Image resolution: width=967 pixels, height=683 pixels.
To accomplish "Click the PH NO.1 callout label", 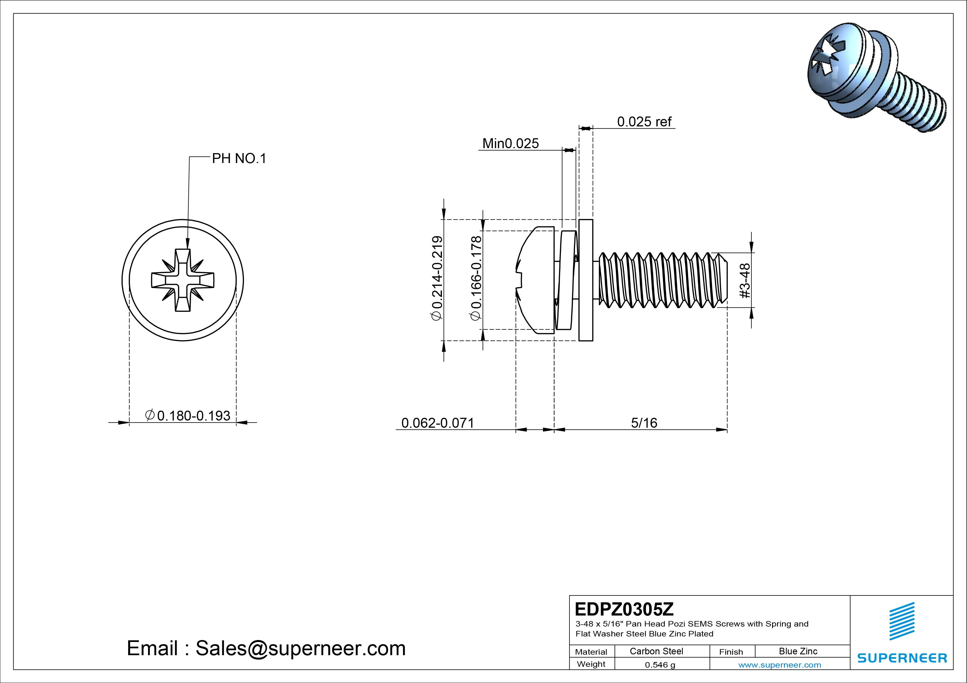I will pos(239,159).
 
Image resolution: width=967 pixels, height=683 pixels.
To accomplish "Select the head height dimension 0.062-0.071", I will pos(437,422).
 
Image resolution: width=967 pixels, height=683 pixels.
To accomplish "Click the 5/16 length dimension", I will pos(644,422).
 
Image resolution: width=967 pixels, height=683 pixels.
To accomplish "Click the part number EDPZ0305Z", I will pos(624,609).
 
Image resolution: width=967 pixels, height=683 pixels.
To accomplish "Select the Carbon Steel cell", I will pos(656,651).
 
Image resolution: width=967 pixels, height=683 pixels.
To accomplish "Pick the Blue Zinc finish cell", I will pos(798,651).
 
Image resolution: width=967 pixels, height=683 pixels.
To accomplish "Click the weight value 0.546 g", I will pos(660,665).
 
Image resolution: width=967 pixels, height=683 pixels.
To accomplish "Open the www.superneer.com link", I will pos(780,665).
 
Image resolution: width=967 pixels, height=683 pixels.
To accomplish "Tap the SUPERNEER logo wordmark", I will pos(902,658).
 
